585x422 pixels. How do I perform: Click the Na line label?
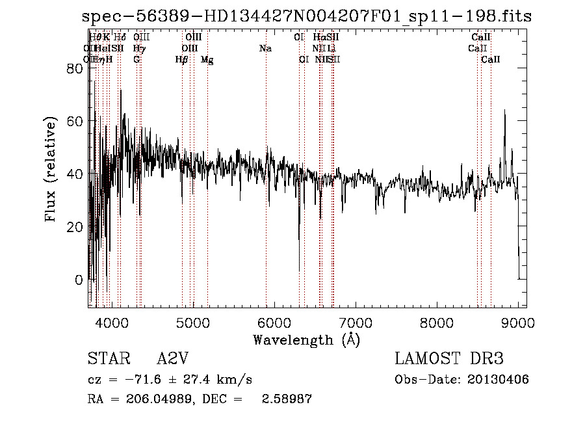[x=265, y=49]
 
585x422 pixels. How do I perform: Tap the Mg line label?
[x=207, y=60]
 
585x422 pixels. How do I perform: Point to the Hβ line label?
[x=182, y=60]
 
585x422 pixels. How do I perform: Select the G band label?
[x=136, y=60]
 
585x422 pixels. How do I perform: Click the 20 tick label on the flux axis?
[x=75, y=227]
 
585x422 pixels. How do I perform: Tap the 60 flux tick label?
[x=75, y=121]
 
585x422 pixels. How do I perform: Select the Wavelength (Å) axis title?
[x=306, y=339]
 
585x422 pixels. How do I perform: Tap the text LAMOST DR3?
[x=449, y=359]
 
